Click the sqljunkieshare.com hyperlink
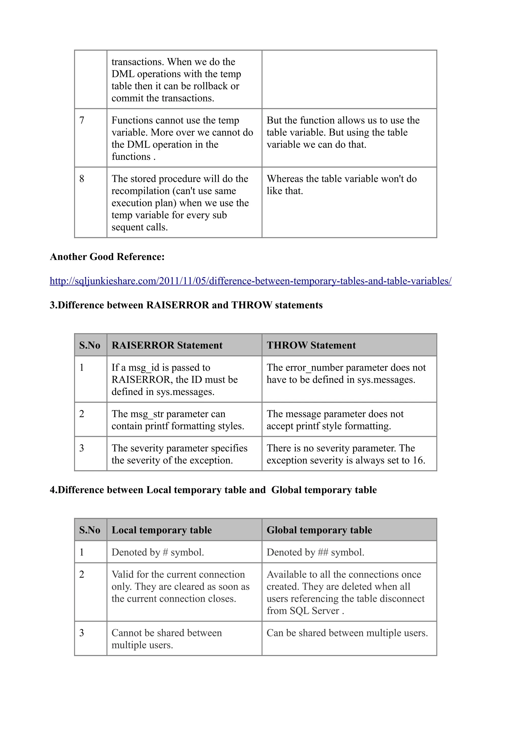point(250,281)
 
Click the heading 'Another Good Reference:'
point(107,256)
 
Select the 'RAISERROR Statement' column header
point(167,345)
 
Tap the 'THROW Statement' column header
point(311,345)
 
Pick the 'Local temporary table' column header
point(162,530)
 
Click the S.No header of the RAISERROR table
point(90,345)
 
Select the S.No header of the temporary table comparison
point(90,530)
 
